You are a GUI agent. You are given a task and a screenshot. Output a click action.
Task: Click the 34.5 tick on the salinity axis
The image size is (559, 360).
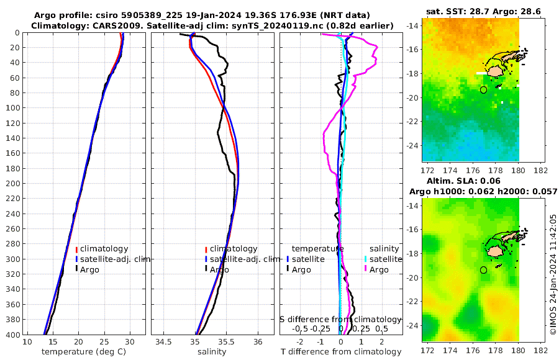coord(163,343)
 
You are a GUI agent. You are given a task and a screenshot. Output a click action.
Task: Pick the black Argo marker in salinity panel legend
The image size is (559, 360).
coord(206,269)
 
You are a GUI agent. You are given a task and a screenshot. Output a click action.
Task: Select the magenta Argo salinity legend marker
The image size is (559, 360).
coord(366,269)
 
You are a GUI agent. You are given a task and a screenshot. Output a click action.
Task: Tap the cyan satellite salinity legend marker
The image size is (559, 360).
coord(366,259)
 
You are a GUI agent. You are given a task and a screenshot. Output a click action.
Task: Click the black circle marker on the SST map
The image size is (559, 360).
coord(483,90)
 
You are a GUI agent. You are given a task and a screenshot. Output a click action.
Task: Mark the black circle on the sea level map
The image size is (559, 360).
coord(483,270)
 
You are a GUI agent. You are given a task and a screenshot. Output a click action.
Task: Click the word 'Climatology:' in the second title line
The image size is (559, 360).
coord(57,25)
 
